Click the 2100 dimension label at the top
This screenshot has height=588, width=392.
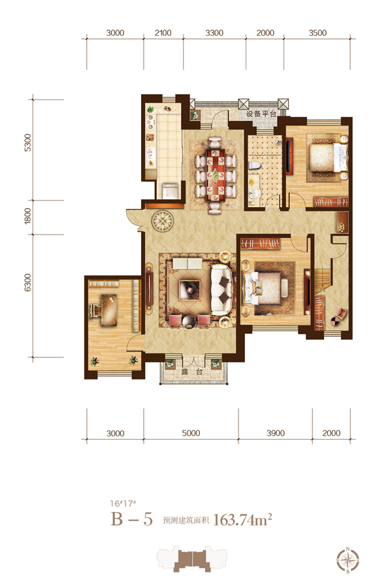coord(163,33)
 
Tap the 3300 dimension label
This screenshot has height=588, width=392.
coord(214,33)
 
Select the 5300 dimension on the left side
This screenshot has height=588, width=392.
coord(27,142)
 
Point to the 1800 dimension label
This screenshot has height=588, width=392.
coord(27,216)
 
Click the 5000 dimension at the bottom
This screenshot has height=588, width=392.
coord(191,433)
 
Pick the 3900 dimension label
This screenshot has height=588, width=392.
coord(276,433)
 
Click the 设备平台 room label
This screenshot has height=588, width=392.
coord(261,114)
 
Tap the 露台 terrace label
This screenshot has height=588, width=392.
coord(192,372)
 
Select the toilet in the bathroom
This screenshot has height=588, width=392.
coord(254,166)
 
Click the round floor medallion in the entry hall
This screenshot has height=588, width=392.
coord(163,221)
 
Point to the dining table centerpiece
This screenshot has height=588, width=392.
coord(216,174)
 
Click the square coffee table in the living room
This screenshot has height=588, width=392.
coord(190,289)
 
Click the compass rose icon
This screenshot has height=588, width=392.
coord(348,561)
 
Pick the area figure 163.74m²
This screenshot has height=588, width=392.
coord(242,520)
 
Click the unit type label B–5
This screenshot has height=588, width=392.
coord(132,519)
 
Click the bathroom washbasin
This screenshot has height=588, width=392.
coord(254,193)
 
